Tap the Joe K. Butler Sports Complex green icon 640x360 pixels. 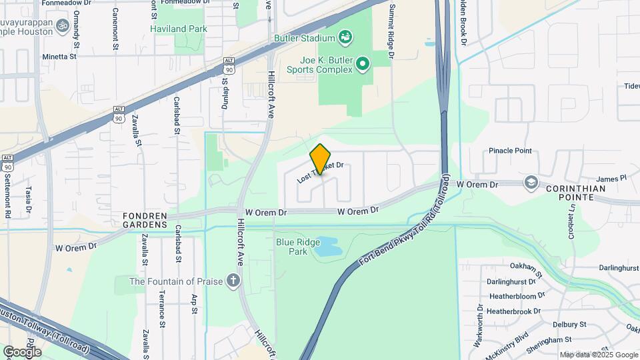363,64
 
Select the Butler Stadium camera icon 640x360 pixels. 345,37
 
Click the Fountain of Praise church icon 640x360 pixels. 233,280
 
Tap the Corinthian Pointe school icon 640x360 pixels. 531,183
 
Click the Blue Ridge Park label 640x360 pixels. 292,247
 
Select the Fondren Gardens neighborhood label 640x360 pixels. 144,220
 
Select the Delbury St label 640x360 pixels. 569,324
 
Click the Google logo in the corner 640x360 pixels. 22,351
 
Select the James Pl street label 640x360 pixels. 611,179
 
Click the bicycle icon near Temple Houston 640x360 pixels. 63,26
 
